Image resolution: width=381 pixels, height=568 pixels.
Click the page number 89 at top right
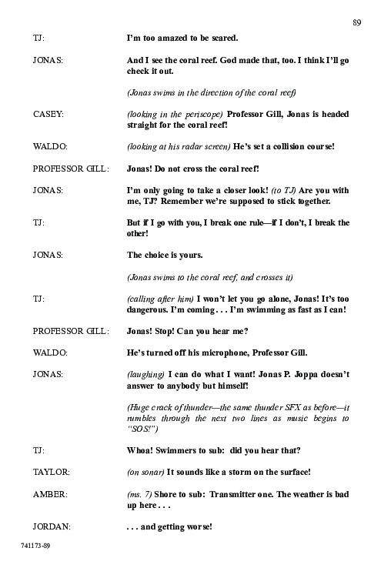356,22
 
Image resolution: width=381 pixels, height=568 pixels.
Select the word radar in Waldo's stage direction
189,145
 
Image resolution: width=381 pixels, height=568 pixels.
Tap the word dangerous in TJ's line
149,309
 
